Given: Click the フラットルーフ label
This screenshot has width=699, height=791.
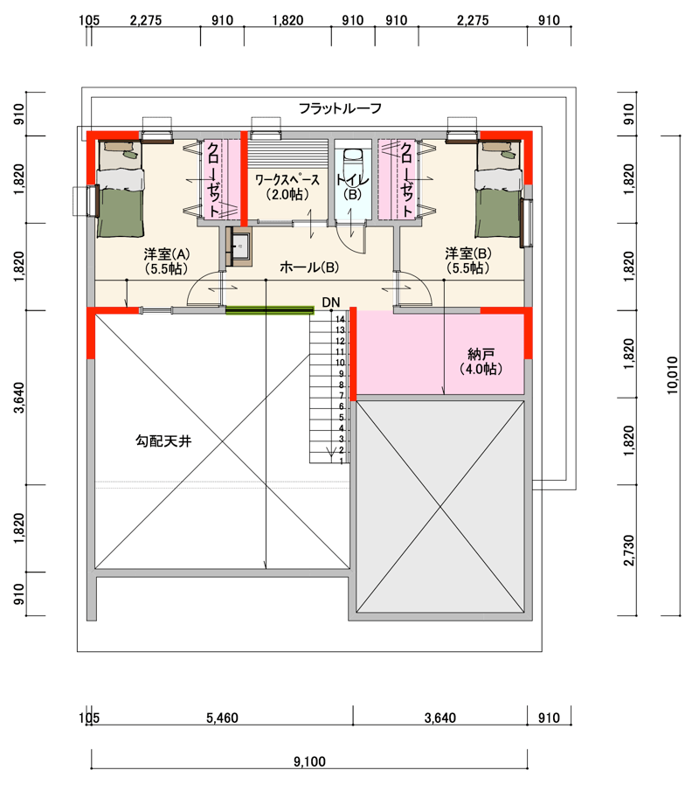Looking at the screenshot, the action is pyautogui.click(x=340, y=108).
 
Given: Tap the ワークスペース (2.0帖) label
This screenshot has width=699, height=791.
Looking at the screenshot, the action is pyautogui.click(x=287, y=187).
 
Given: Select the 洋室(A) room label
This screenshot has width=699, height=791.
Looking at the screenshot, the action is pyautogui.click(x=166, y=260).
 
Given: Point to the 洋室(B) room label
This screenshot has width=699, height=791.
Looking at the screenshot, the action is pyautogui.click(x=468, y=260).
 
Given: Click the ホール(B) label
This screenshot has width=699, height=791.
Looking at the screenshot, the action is pyautogui.click(x=309, y=267).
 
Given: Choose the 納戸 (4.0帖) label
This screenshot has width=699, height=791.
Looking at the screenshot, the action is pyautogui.click(x=481, y=361).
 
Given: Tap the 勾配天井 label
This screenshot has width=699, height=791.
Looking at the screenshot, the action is pyautogui.click(x=163, y=441).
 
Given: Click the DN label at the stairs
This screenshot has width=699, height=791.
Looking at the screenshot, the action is pyautogui.click(x=331, y=302).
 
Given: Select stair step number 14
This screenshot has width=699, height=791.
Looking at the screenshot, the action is pyautogui.click(x=340, y=319).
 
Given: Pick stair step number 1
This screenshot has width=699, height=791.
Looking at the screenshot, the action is pyautogui.click(x=342, y=461).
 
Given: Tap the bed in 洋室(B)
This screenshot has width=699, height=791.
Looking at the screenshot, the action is pyautogui.click(x=498, y=189).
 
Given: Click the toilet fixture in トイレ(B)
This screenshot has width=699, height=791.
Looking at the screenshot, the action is pyautogui.click(x=352, y=161).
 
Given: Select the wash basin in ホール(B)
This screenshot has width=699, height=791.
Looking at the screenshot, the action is pyautogui.click(x=240, y=246).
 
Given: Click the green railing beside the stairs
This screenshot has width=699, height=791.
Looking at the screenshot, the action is pyautogui.click(x=270, y=310).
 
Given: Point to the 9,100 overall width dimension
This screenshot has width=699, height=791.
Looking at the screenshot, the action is pyautogui.click(x=309, y=761).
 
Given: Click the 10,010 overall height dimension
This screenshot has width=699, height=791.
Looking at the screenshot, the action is pyautogui.click(x=672, y=375).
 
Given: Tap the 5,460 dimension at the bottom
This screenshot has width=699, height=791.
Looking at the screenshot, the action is pyautogui.click(x=222, y=718).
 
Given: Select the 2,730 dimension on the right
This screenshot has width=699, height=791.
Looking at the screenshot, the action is pyautogui.click(x=629, y=551).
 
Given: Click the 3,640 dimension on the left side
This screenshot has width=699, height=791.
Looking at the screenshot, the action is pyautogui.click(x=18, y=398).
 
